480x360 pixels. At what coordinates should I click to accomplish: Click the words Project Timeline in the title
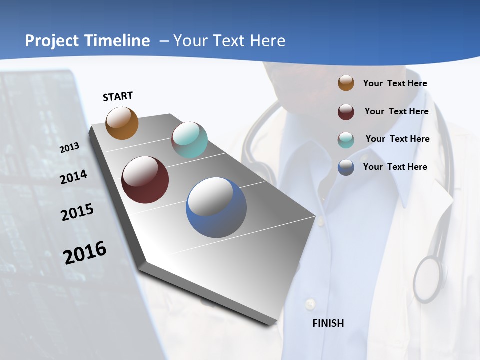coord(87,41)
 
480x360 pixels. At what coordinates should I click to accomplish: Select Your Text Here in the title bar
coord(229,41)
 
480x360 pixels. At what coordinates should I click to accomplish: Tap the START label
coord(118,96)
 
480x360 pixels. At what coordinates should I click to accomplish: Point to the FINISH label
coord(328,323)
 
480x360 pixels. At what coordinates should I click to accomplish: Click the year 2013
coord(70,148)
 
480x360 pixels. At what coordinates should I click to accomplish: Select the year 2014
coord(74,177)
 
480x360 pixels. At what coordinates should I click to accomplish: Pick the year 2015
coord(77,212)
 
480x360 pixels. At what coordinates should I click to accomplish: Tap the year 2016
coord(85,253)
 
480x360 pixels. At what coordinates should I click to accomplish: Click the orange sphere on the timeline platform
coord(122,123)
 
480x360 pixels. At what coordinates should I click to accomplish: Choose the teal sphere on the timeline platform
coord(189,140)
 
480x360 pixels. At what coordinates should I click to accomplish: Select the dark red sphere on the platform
coord(145,180)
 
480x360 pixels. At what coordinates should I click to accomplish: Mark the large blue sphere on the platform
coord(216,207)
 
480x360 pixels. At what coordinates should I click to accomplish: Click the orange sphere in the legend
coord(346,83)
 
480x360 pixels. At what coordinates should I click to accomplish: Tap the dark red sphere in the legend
coord(346,112)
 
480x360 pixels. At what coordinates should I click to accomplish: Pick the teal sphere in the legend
coord(346,140)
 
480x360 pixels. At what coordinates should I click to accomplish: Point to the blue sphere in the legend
coord(346,167)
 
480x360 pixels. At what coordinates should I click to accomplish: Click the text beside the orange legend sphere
coord(395,83)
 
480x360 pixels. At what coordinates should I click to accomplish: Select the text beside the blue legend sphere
coord(395,167)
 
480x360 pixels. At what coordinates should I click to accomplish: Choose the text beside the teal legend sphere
coord(397,139)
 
